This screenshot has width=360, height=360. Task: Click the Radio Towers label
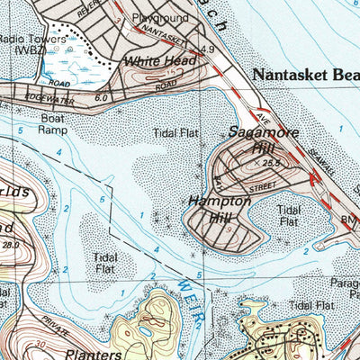click(x=33, y=40)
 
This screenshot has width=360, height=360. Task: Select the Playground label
click(x=155, y=17)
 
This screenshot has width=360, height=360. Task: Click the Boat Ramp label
click(x=51, y=123)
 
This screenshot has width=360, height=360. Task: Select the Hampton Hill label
click(x=219, y=209)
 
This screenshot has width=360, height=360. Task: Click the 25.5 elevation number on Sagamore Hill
click(x=274, y=164)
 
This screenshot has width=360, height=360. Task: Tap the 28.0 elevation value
click(x=12, y=244)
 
